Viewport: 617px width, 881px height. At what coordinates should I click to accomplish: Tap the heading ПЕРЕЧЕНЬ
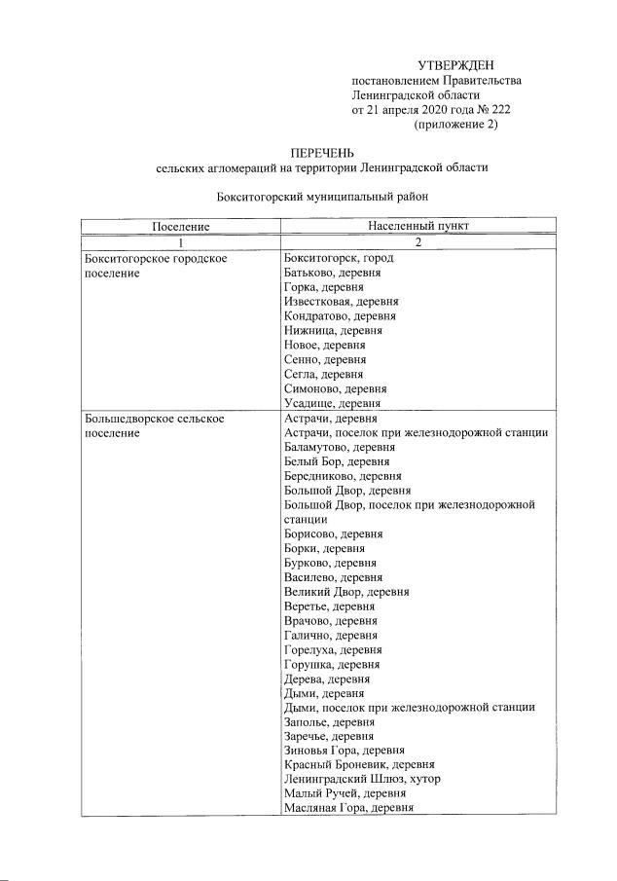coord(322,153)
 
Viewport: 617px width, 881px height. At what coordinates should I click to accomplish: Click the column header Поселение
coord(181,226)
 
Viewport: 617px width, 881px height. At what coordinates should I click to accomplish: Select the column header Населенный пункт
coord(418,226)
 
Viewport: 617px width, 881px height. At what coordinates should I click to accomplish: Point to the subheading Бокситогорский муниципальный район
coord(322,196)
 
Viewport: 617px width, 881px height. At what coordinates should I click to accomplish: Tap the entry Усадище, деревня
coord(331,403)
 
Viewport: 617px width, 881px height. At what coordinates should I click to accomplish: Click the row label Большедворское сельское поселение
coord(156,425)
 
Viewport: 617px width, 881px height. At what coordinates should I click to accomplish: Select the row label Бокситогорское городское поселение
coord(156,266)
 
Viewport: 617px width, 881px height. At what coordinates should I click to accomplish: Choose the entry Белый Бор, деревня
coord(331,461)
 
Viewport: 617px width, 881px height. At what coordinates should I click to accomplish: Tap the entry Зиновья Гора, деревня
coord(343,750)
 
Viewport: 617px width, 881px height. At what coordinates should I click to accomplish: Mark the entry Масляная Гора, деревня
coord(348,807)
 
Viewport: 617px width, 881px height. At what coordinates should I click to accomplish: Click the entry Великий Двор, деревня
coord(345,591)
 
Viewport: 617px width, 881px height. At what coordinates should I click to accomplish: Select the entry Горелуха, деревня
coord(332,649)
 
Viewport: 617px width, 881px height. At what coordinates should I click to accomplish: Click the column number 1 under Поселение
coord(181,241)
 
